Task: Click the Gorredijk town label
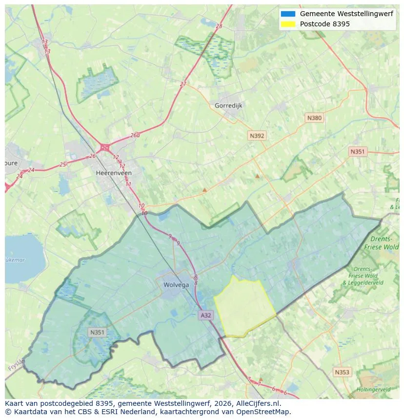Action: click(228, 105)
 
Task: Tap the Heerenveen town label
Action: click(114, 173)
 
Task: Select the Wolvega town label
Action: click(176, 285)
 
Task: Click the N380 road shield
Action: click(314, 118)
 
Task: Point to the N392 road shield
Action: click(257, 136)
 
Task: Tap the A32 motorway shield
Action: click(206, 315)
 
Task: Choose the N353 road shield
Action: click(342, 372)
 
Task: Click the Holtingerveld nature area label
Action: click(373, 390)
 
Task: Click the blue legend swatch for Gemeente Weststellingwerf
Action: click(288, 14)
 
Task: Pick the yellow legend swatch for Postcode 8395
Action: click(288, 24)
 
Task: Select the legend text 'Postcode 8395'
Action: click(324, 24)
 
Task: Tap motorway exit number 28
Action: click(219, 26)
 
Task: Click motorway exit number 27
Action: click(183, 84)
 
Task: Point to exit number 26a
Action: click(135, 136)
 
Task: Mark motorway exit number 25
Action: click(62, 164)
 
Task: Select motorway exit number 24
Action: click(31, 170)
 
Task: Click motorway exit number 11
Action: click(128, 184)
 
